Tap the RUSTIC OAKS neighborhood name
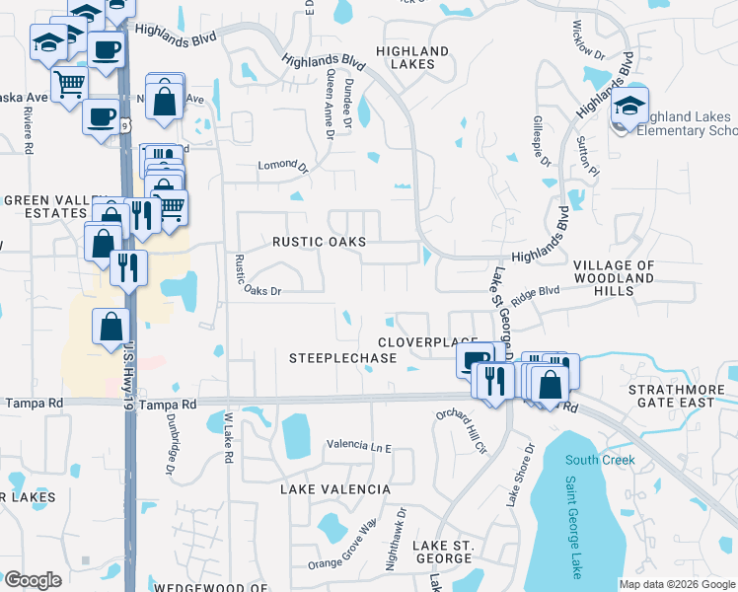319,242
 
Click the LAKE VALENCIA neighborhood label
335,489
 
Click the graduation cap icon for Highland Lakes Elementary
629,109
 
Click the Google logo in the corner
33,580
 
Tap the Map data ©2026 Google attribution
676,584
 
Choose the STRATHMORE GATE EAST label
677,396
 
